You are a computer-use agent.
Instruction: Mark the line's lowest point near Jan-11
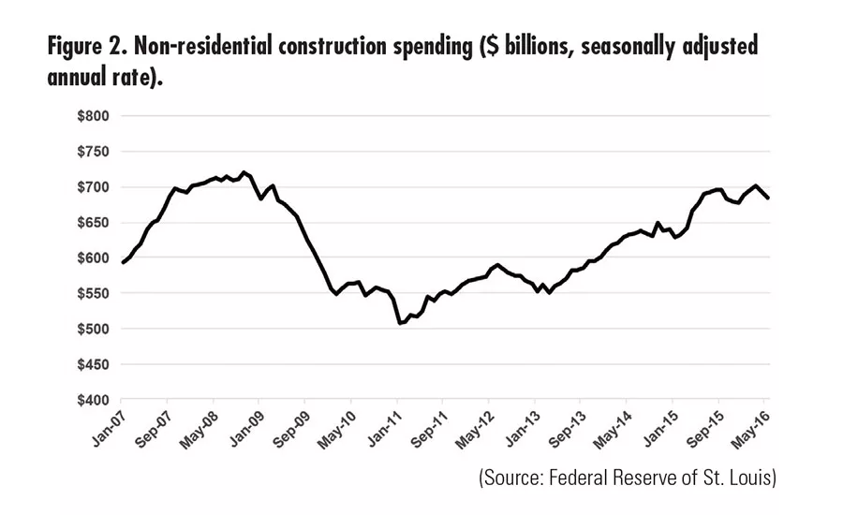400,323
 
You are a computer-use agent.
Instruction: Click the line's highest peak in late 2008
244,172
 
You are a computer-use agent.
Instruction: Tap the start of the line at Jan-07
123,263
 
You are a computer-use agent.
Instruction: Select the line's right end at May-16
768,199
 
